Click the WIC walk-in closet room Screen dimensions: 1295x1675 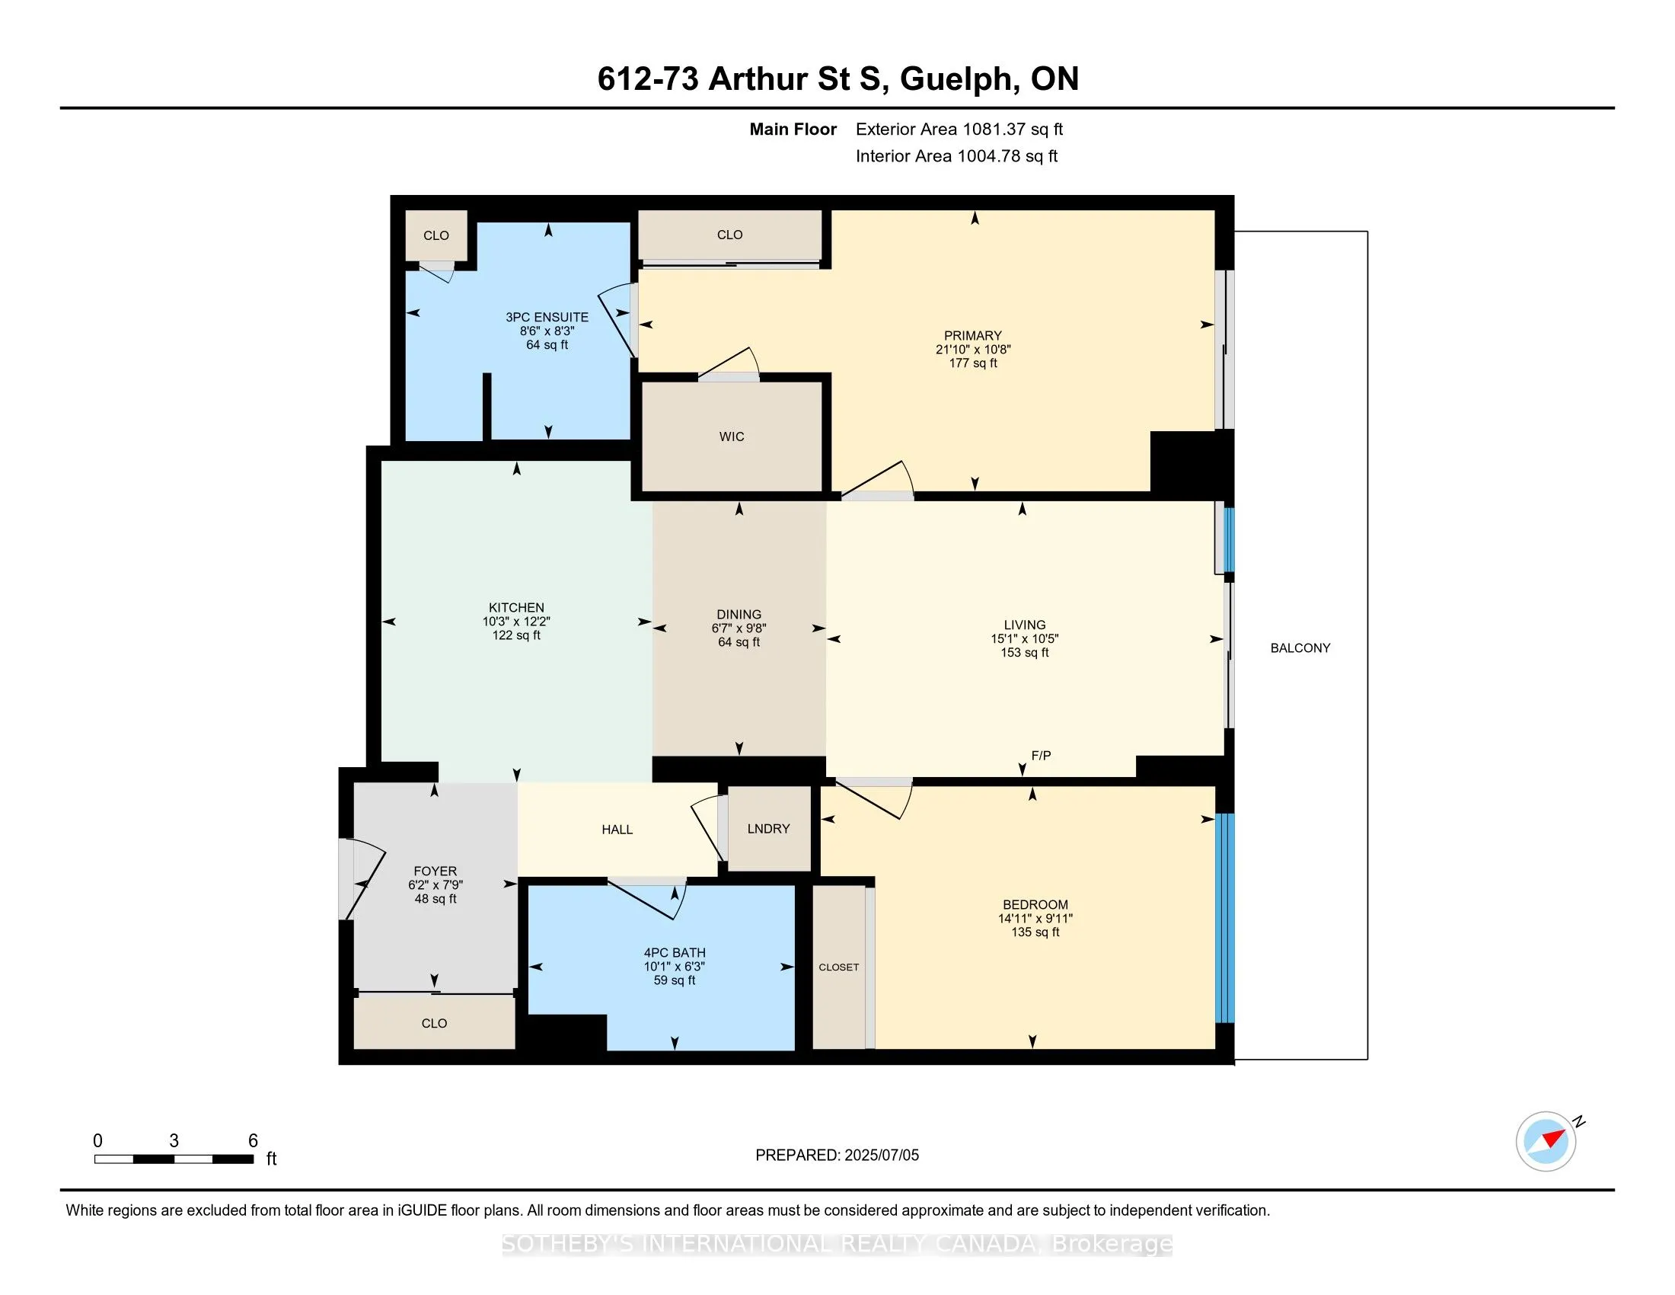731,436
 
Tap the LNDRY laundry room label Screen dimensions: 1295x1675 768,829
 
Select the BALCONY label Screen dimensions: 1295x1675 1300,647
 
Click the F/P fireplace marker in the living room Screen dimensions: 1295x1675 1041,756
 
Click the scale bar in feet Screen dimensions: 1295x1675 174,1159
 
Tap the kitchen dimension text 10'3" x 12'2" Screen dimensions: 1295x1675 516,622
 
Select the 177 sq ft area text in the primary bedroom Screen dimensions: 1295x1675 972,363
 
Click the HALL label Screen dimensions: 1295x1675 617,830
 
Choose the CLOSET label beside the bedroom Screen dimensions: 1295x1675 838,967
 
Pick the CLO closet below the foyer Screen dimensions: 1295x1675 434,1023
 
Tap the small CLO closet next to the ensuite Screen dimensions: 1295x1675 435,235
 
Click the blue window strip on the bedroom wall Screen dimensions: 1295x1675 1225,918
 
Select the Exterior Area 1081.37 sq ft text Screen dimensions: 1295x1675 959,129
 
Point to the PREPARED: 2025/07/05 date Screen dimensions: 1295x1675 837,1155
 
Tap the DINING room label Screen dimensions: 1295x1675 739,615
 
